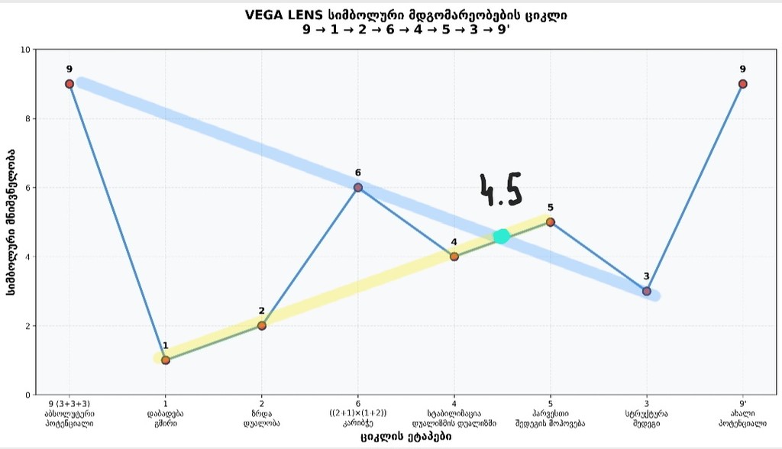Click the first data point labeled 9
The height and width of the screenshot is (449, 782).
pos(69,84)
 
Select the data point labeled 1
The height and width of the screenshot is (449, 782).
pos(166,360)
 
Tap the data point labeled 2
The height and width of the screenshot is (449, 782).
pos(262,325)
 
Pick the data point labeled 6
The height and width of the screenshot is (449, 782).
pos(358,188)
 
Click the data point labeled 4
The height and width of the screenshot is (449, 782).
pos(454,257)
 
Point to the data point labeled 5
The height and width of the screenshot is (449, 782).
pos(551,222)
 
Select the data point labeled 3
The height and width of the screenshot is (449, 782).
pos(647,291)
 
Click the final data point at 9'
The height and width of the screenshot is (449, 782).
pos(743,84)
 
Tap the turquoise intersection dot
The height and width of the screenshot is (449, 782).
pos(502,237)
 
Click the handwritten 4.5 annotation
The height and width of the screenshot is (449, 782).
pos(500,190)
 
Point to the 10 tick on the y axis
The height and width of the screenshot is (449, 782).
pos(24,50)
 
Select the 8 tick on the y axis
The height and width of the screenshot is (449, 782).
pos(27,118)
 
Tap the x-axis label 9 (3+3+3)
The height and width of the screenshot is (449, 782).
pos(69,403)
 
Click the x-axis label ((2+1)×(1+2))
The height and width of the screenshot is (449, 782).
pos(358,413)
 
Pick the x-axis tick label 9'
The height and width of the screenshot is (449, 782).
pos(743,403)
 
